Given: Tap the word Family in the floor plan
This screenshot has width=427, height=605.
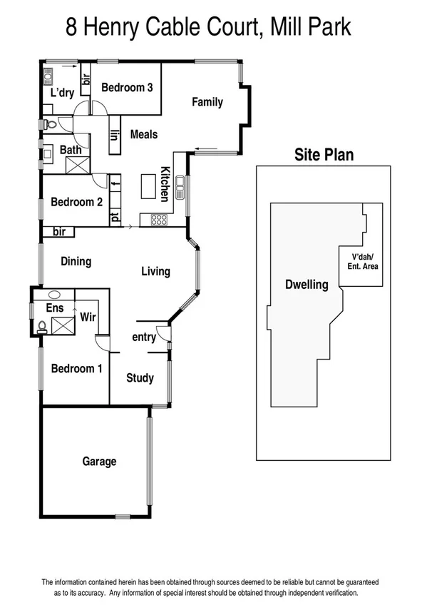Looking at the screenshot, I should [x=207, y=102].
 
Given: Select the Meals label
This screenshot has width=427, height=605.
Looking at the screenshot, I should [x=143, y=134].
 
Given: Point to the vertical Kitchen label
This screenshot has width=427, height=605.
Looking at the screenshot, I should [x=165, y=183].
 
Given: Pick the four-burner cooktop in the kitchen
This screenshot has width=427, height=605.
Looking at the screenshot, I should [x=159, y=220].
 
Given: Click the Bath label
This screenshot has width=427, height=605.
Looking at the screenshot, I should [x=70, y=150].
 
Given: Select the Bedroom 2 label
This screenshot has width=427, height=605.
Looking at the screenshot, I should [x=76, y=202].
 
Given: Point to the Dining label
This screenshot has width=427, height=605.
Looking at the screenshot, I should [x=76, y=261].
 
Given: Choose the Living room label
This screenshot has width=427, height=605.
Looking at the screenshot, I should [x=155, y=271].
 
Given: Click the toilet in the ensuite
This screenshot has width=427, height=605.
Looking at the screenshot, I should [x=42, y=327].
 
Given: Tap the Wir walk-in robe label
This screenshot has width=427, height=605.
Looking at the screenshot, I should [x=88, y=316].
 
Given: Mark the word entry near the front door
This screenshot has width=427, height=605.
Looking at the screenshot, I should [x=144, y=337].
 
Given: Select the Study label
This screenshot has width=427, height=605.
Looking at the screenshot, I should [x=140, y=378].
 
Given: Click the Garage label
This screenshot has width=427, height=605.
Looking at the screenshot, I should [x=98, y=462].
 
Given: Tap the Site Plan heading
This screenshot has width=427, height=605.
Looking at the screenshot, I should [x=324, y=155].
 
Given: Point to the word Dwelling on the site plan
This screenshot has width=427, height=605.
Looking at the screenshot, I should [x=307, y=285].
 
